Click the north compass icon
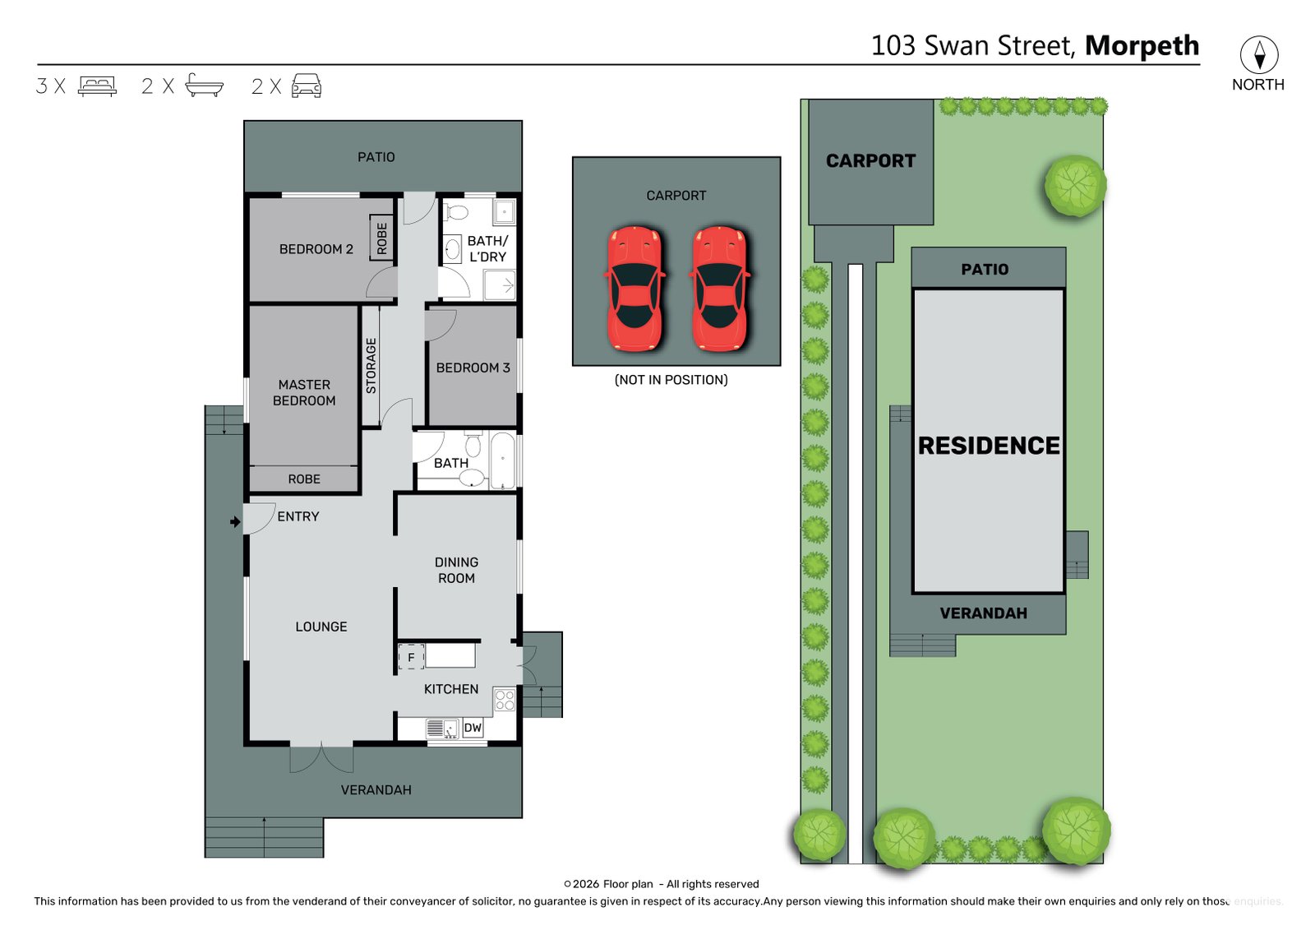pyautogui.click(x=1258, y=54)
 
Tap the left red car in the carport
pyautogui.click(x=634, y=289)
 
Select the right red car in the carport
pyautogui.click(x=720, y=289)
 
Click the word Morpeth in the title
pyautogui.click(x=1142, y=46)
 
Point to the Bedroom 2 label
pyautogui.click(x=316, y=249)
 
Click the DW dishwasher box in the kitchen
pyautogui.click(x=473, y=728)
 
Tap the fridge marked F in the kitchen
pyautogui.click(x=411, y=658)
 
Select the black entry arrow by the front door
pyautogui.click(x=235, y=522)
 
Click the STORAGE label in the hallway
pyautogui.click(x=371, y=365)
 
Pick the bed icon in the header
pyautogui.click(x=97, y=86)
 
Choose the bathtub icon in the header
pyautogui.click(x=204, y=86)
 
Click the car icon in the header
pyautogui.click(x=307, y=86)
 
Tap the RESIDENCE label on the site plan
pyautogui.click(x=989, y=446)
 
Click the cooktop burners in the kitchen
pyautogui.click(x=505, y=701)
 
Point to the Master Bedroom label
pyautogui.click(x=304, y=392)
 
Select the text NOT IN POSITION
pyautogui.click(x=671, y=380)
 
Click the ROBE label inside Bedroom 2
pyautogui.click(x=381, y=238)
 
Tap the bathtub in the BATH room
pyautogui.click(x=503, y=460)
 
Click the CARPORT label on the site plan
pyautogui.click(x=870, y=161)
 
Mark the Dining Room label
pyautogui.click(x=456, y=570)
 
